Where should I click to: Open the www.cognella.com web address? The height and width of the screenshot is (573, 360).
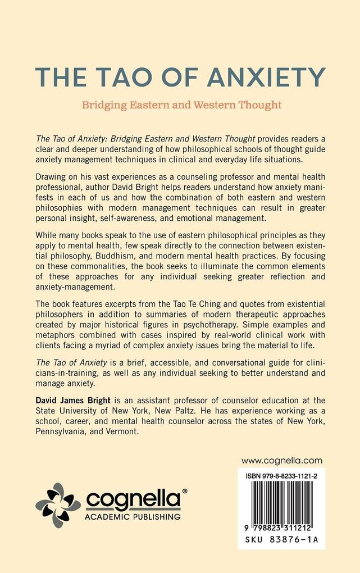pyautogui.click(x=282, y=460)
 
